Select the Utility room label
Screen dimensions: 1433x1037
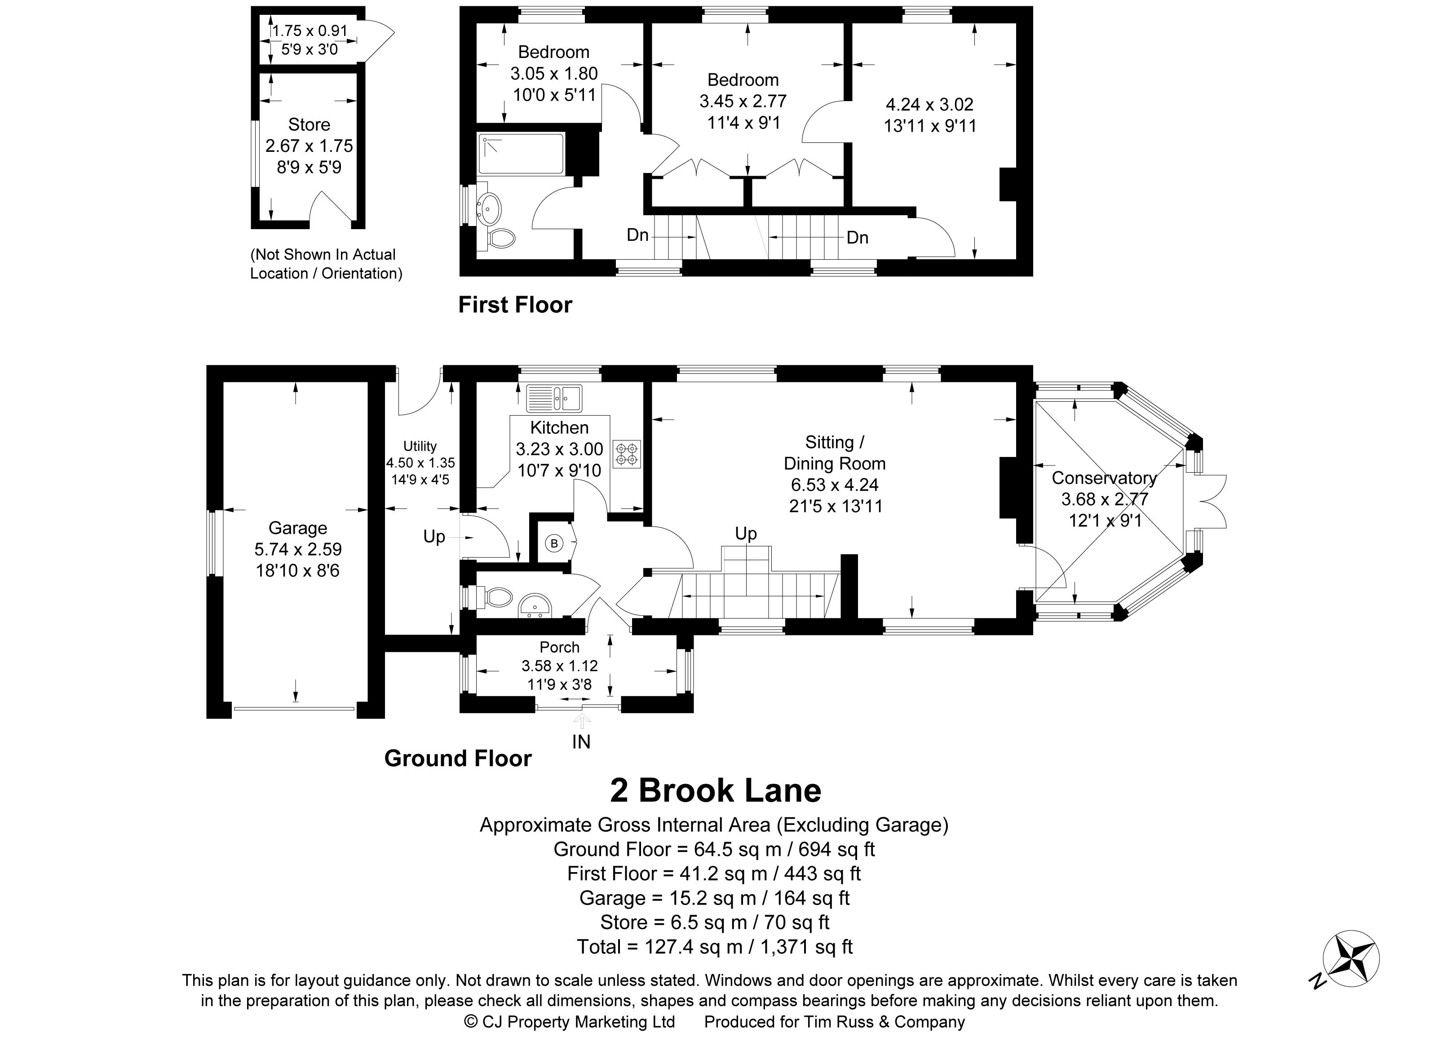[420, 446]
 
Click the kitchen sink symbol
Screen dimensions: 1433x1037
[554, 398]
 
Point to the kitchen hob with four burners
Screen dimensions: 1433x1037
[627, 454]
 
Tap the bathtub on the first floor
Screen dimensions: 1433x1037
[521, 154]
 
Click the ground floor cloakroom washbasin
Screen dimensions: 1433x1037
[535, 607]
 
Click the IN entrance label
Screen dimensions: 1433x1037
[581, 742]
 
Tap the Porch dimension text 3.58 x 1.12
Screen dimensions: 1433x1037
[559, 665]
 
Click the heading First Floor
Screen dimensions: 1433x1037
[515, 305]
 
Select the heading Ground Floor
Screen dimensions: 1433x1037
[457, 758]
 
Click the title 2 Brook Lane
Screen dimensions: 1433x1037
[715, 790]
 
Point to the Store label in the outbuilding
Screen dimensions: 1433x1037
[309, 124]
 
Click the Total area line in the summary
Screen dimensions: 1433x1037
[715, 947]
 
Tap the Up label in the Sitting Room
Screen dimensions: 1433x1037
[746, 534]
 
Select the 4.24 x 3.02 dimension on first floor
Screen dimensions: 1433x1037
[929, 104]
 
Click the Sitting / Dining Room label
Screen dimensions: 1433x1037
[835, 452]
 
